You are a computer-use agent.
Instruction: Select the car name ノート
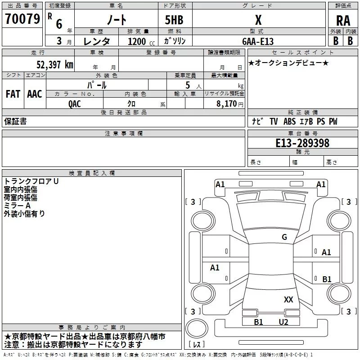point(116,20)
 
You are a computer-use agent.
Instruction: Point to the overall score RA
point(343,20)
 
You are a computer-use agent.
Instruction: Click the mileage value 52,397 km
point(55,64)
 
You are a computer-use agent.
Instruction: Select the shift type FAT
point(13,94)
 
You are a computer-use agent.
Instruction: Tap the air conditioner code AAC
point(34,94)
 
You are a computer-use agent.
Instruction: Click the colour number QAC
point(75,103)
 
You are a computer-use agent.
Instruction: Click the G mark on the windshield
point(284,237)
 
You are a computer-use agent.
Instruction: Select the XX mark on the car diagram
point(288,299)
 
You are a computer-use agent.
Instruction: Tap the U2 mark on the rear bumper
point(283,322)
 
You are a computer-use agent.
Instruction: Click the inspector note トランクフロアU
point(31,181)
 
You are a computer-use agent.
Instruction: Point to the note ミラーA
point(17,205)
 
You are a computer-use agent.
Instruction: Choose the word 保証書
point(15,121)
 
